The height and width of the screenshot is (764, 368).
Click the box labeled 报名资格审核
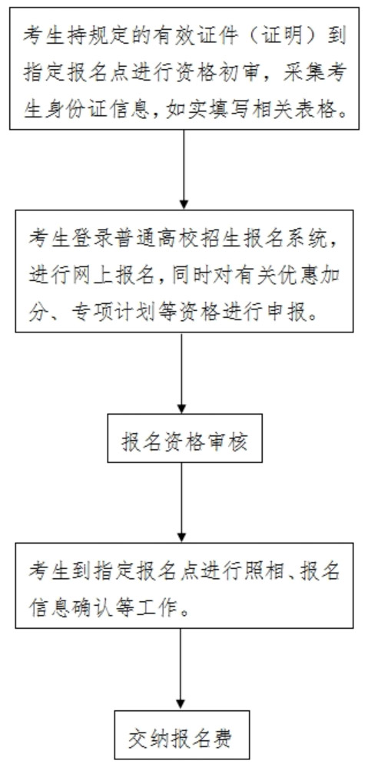click(184, 438)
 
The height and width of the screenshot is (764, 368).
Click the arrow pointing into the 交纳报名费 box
click(181, 669)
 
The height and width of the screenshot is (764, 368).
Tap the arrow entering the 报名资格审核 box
click(181, 373)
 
